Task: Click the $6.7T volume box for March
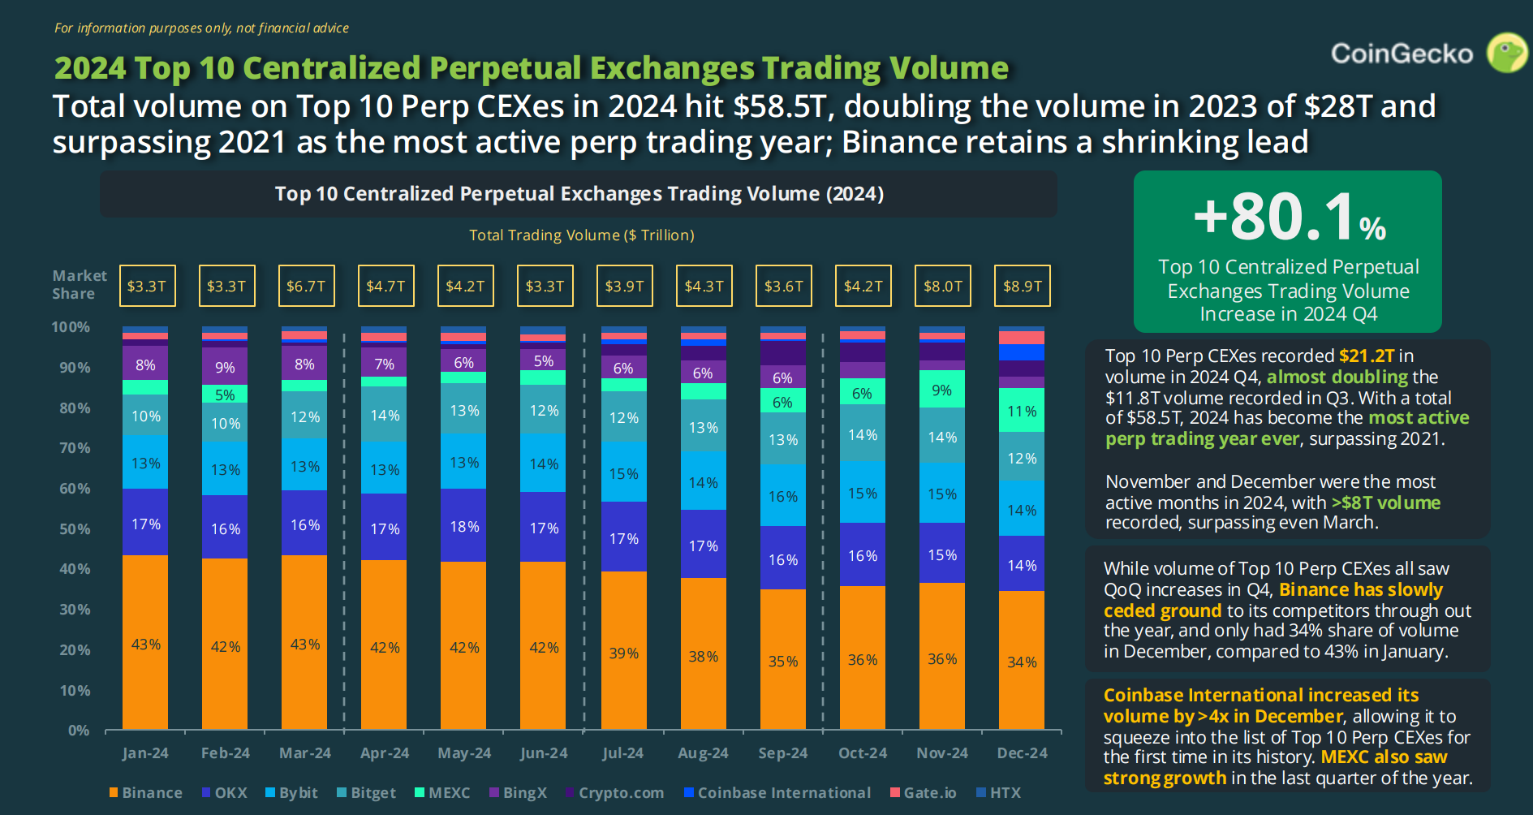coord(306,286)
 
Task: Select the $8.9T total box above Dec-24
coord(1023,286)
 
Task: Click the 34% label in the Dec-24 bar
coord(1022,662)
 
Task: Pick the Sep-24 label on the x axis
coord(782,753)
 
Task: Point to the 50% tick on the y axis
coord(75,529)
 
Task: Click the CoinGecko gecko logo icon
coord(1506,53)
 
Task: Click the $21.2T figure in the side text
coord(1366,356)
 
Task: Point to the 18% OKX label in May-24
coord(464,527)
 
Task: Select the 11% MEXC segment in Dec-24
coord(1022,412)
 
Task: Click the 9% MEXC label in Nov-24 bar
coord(941,390)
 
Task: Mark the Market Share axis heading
coord(79,285)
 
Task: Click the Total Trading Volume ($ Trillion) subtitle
coord(581,235)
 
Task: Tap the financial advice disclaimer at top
coord(201,28)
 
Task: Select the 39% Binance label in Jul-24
coord(623,653)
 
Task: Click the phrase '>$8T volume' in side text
coord(1385,502)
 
